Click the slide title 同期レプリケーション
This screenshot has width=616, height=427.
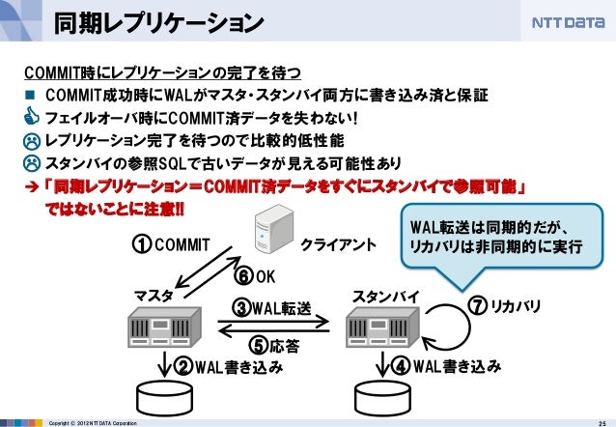[x=157, y=21]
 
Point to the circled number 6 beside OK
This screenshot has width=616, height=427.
[x=245, y=277]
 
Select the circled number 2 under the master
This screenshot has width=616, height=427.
[x=182, y=367]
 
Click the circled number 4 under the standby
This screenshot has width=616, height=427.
[x=401, y=367]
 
